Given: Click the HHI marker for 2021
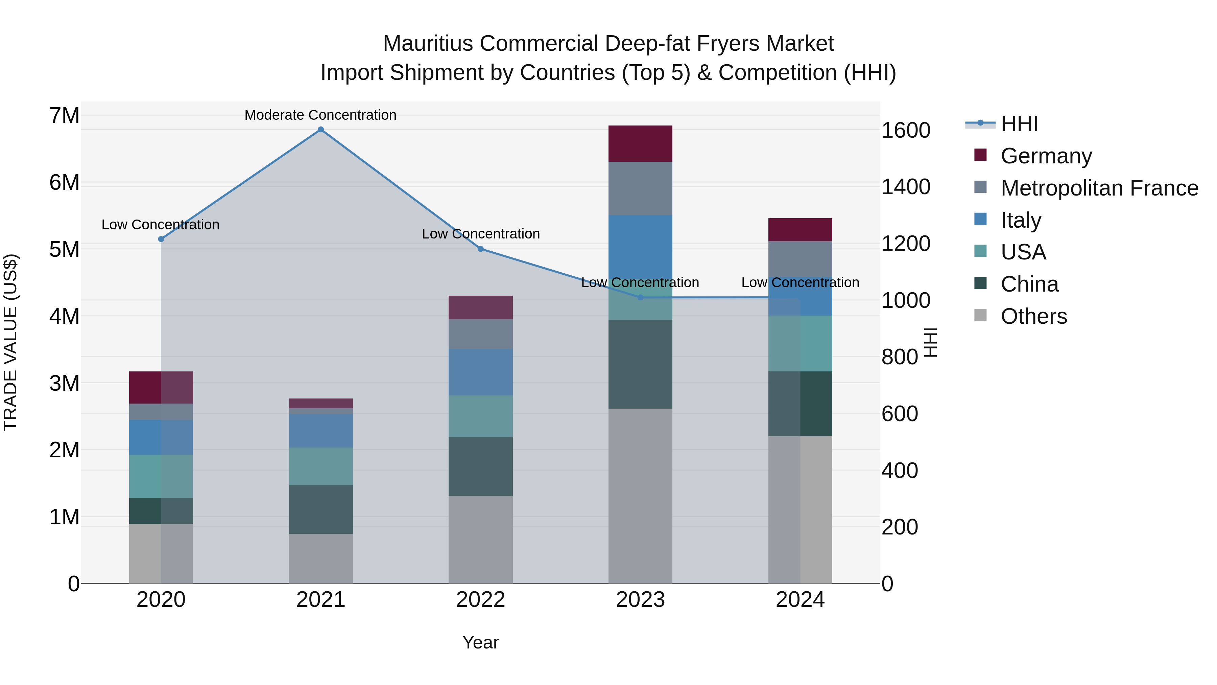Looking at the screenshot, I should (321, 130).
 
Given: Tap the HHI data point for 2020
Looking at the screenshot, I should (161, 239).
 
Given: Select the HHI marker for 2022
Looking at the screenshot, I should (480, 249).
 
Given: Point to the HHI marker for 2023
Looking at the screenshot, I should (641, 297).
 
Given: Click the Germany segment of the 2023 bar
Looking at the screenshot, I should (640, 144).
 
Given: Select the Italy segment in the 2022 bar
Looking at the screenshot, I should (480, 372).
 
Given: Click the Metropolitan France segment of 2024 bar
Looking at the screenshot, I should (800, 259).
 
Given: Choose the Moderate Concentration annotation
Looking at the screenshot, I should (320, 115).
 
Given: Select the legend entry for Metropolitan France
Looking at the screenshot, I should (1099, 188).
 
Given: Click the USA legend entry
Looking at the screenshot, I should (1023, 252).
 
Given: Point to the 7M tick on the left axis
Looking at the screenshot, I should (65, 116).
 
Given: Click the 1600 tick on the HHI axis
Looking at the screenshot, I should (906, 131).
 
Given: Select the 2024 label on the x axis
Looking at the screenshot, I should (800, 600).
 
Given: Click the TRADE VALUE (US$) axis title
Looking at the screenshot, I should (11, 342).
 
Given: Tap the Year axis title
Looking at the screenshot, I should (480, 642).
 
